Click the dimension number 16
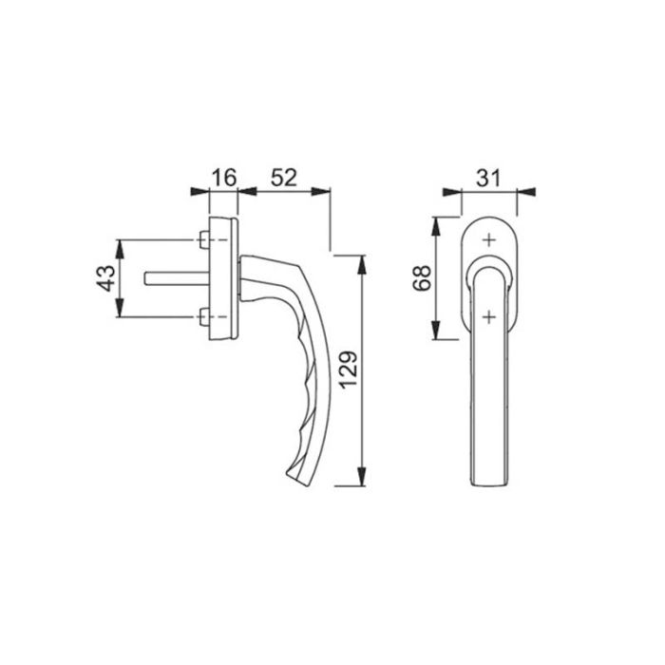pyautogui.click(x=223, y=177)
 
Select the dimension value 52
pyautogui.click(x=284, y=177)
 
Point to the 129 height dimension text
pyautogui.click(x=348, y=370)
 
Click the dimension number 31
pyautogui.click(x=489, y=177)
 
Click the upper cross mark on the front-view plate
pyautogui.click(x=488, y=241)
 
